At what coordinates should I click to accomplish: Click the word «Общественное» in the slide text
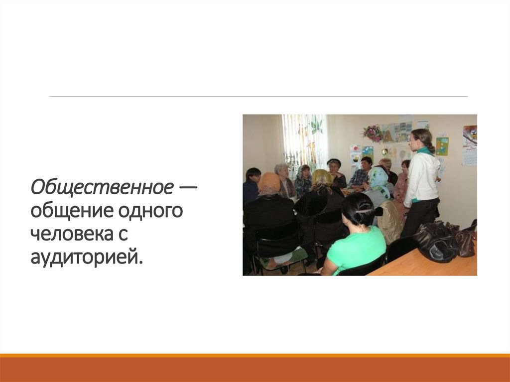pos(101,188)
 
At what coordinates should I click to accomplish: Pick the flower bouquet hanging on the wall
pos(373,132)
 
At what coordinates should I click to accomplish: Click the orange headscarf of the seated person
pos(269,183)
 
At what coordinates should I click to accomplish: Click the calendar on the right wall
pos(470,145)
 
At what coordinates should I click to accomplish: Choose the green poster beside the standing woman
pos(442,146)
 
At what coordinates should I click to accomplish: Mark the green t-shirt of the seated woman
pos(355,249)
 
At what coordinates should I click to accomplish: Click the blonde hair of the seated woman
pos(321,179)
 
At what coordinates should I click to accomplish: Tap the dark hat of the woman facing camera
pos(334,162)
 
